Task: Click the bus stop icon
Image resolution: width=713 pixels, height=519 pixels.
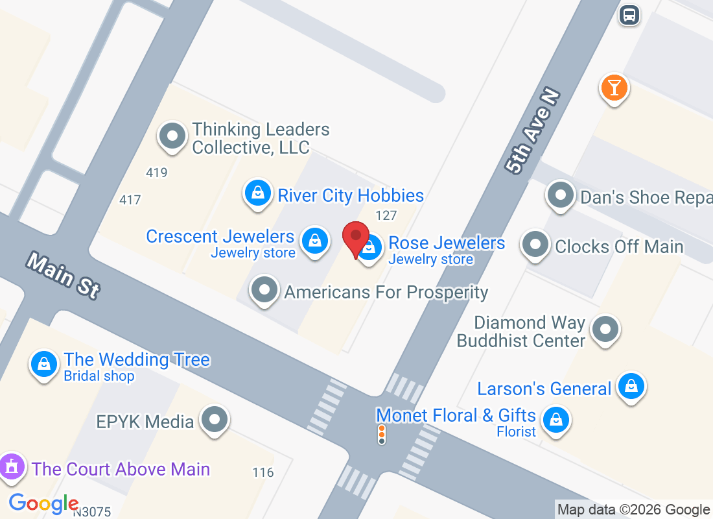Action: coord(629,14)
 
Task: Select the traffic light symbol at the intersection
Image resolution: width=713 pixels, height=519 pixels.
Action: coord(382,435)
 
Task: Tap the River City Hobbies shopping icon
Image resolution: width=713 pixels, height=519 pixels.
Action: coord(257,193)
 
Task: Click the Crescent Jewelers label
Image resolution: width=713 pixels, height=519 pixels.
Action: coord(220,237)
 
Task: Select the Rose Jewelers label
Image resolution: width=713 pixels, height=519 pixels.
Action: coord(447,243)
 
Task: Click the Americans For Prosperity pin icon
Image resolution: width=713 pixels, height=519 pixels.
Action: coord(264,290)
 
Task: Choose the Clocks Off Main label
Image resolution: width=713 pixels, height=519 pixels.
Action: coord(619,247)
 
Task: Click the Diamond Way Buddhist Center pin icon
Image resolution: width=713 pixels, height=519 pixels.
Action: coord(605,329)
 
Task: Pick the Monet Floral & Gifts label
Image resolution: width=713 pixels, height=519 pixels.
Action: coord(456,415)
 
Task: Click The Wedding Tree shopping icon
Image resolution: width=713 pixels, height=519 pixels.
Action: coord(44,364)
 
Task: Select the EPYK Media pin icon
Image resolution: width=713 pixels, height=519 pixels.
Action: coord(215,420)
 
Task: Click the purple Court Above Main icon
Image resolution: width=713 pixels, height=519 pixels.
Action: coord(11,467)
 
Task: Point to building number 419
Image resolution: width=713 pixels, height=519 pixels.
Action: coord(157,173)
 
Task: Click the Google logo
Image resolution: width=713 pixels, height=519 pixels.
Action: coord(43,503)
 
